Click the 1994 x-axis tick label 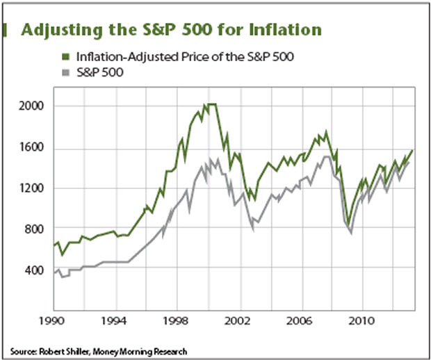115,322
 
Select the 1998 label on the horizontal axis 177,322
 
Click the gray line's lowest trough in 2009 351,232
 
